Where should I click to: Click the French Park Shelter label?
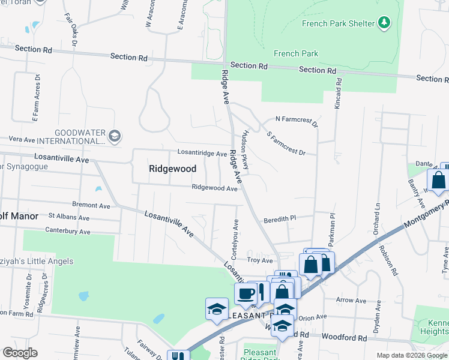pyautogui.click(x=338, y=23)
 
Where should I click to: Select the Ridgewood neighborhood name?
pyautogui.click(x=172, y=169)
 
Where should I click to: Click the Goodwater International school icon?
pyautogui.click(x=114, y=137)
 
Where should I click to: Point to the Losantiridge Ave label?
pyautogui.click(x=201, y=154)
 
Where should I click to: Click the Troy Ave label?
pyautogui.click(x=260, y=260)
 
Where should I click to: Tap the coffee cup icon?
pyautogui.click(x=246, y=293)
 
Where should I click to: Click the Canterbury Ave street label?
pyautogui.click(x=68, y=231)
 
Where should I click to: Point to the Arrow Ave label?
pyautogui.click(x=351, y=301)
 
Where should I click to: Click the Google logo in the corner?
pyautogui.click(x=20, y=353)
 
